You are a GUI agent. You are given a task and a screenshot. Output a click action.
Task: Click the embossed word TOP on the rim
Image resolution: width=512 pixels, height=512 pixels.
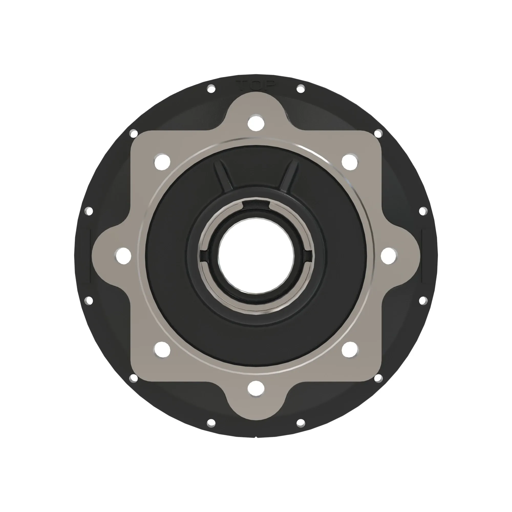point(256,85)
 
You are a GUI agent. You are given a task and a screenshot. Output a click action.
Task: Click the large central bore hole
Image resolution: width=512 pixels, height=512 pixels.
point(256,256)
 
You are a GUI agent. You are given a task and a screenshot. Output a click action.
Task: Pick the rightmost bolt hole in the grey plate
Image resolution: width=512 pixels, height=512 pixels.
point(389,256)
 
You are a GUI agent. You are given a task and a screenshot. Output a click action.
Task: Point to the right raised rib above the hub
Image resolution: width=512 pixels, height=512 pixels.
point(289,176)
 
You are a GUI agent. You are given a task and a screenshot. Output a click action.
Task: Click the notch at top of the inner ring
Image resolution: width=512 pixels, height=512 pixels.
point(256,205)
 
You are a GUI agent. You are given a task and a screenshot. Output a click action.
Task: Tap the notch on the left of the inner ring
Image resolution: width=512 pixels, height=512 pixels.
point(204,256)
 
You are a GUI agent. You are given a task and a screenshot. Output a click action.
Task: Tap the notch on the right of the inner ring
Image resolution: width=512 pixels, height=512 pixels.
point(308,256)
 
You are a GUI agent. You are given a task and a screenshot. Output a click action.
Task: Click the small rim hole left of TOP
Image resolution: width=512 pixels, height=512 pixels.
point(211,89)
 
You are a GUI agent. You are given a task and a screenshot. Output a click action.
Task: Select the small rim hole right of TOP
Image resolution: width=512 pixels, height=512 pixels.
point(301,89)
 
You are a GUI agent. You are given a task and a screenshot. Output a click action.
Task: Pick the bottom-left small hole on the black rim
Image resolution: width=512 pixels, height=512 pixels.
point(211,423)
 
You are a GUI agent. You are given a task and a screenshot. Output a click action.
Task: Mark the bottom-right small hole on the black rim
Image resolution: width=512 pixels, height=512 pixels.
point(301,423)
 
